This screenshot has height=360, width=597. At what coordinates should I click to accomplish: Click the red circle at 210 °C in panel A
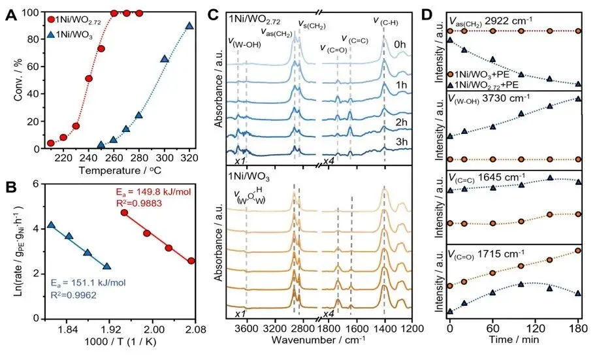pos(50,143)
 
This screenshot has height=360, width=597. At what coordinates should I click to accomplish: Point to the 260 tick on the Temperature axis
pos(114,158)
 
